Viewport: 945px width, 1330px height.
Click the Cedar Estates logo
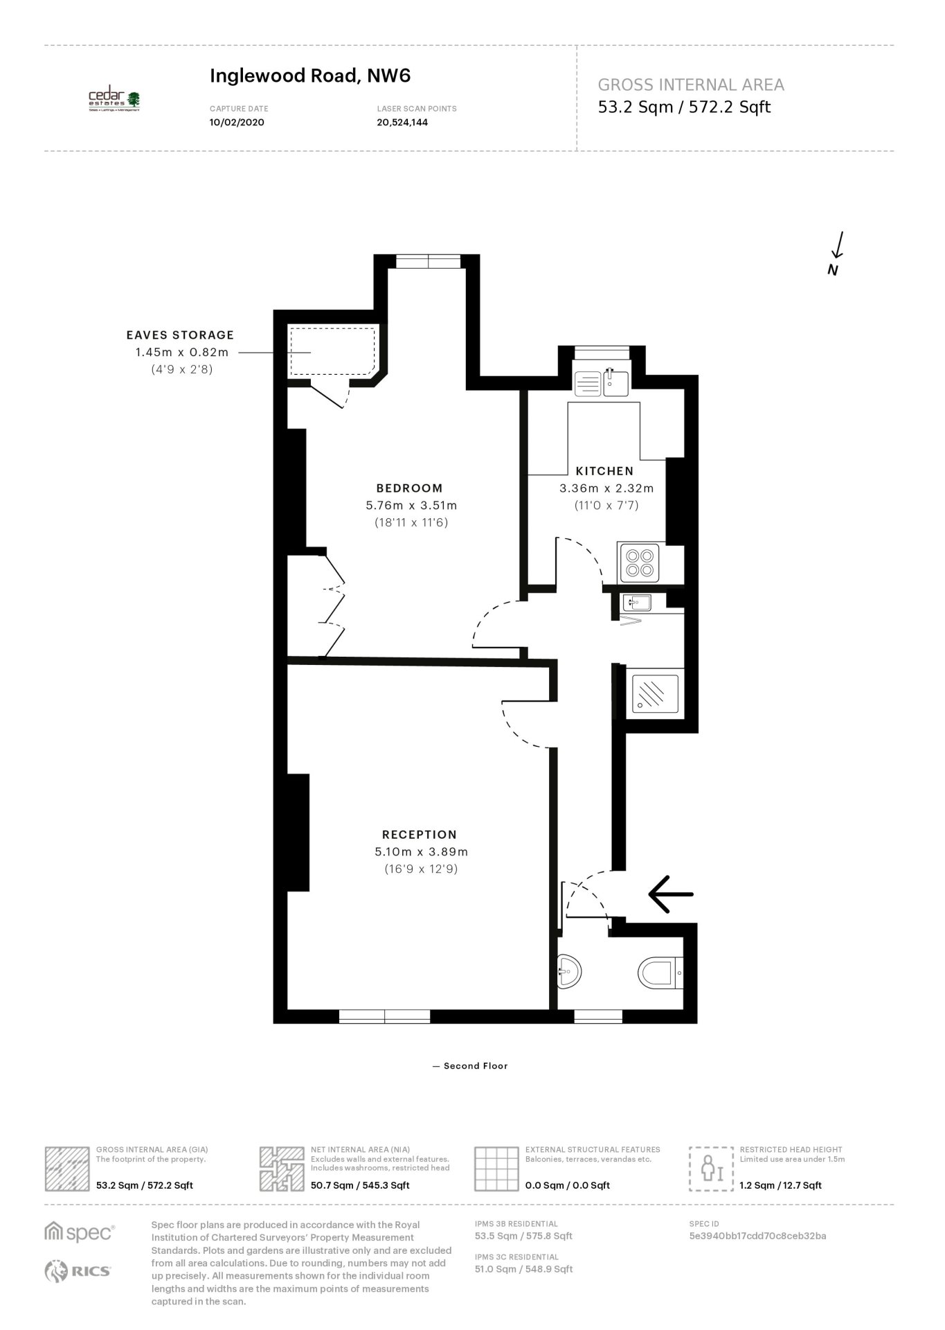point(114,100)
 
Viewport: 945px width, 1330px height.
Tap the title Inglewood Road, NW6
point(310,76)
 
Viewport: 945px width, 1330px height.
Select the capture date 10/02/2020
point(237,123)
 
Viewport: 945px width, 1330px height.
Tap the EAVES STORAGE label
point(180,335)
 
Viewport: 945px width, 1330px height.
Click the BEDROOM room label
point(409,488)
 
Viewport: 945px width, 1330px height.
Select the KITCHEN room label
point(604,471)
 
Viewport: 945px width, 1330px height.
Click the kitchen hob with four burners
point(639,562)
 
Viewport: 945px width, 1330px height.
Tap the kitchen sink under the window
point(602,382)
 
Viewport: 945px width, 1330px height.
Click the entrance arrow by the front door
point(670,894)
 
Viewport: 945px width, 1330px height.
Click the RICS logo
point(78,1271)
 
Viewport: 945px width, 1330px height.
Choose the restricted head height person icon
point(711,1169)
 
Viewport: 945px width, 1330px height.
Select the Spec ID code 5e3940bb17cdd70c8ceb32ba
point(758,1236)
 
